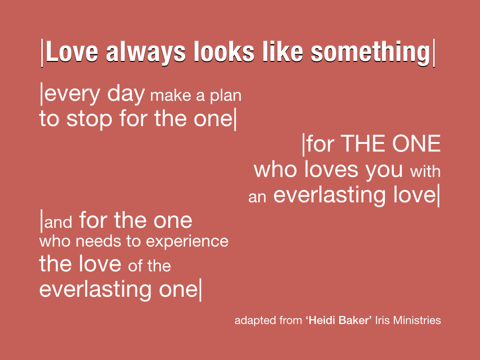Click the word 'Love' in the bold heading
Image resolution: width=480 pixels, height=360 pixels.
(x=72, y=52)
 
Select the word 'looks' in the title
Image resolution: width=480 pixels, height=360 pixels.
(x=224, y=52)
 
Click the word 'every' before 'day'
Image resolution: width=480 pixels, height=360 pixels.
(x=72, y=95)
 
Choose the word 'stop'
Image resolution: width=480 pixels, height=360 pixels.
(x=89, y=120)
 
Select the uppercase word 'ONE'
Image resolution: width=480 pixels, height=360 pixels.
(x=416, y=143)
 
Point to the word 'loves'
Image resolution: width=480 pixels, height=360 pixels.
(x=331, y=170)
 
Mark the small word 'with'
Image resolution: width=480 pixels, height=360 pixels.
(x=425, y=172)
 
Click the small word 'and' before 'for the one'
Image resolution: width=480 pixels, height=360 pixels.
(x=58, y=222)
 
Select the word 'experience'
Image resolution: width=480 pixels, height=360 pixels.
(x=187, y=242)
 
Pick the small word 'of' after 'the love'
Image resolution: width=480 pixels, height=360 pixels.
(x=135, y=266)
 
